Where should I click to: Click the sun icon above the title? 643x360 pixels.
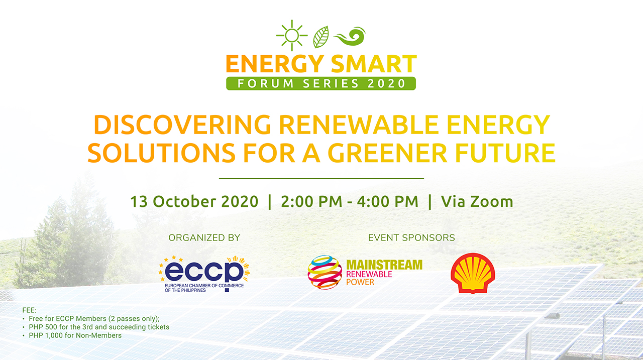coord(291,36)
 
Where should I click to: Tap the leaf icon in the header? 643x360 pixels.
coord(321,37)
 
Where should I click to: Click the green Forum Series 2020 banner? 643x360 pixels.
coord(321,83)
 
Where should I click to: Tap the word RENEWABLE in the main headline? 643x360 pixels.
coord(352,125)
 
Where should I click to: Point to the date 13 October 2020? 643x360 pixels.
coord(194,202)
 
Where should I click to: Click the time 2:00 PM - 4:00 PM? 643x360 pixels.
coord(349,202)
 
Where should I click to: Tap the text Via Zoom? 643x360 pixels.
coord(477,202)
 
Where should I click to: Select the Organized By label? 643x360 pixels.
coord(204,237)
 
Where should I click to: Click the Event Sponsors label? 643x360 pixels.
coord(411,237)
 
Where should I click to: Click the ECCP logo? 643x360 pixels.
coord(204,274)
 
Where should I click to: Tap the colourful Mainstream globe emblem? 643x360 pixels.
coord(325,272)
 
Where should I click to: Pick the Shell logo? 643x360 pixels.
coord(473,273)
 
